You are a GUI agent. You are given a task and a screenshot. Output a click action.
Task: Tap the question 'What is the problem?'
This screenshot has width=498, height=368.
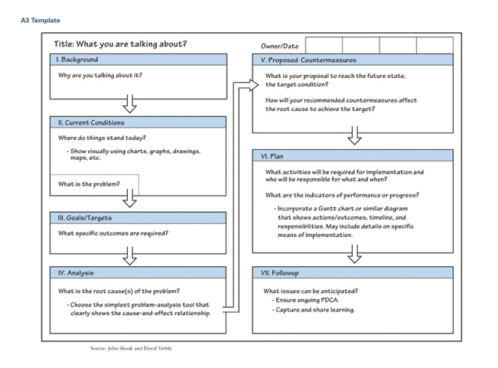[x=89, y=183]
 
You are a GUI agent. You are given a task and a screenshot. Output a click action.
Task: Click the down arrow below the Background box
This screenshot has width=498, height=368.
[x=129, y=104]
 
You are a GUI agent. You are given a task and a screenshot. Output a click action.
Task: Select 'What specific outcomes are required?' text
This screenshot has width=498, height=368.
[x=113, y=233]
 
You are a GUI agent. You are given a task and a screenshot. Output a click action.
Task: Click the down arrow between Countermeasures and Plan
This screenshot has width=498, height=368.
[x=354, y=136]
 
